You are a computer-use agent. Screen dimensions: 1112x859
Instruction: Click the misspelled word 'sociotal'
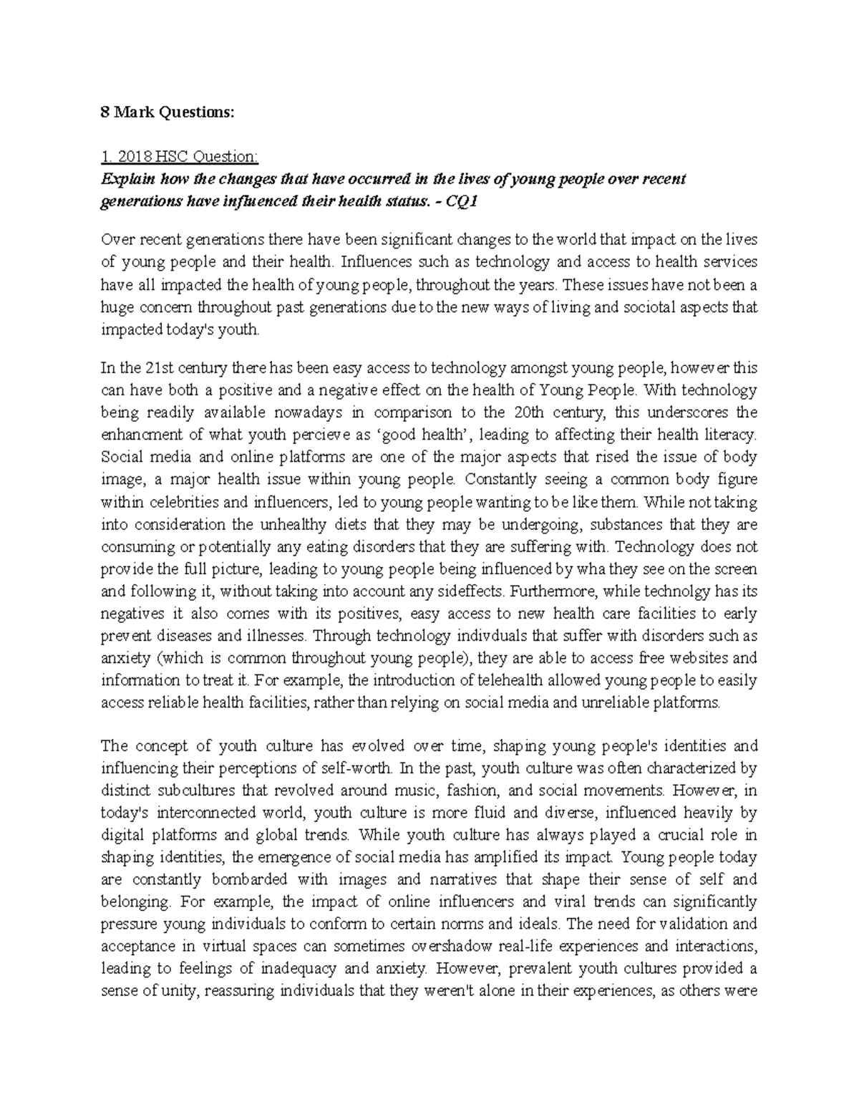pyautogui.click(x=634, y=307)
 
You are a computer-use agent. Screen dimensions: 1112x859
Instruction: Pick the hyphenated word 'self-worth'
pyautogui.click(x=356, y=769)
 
